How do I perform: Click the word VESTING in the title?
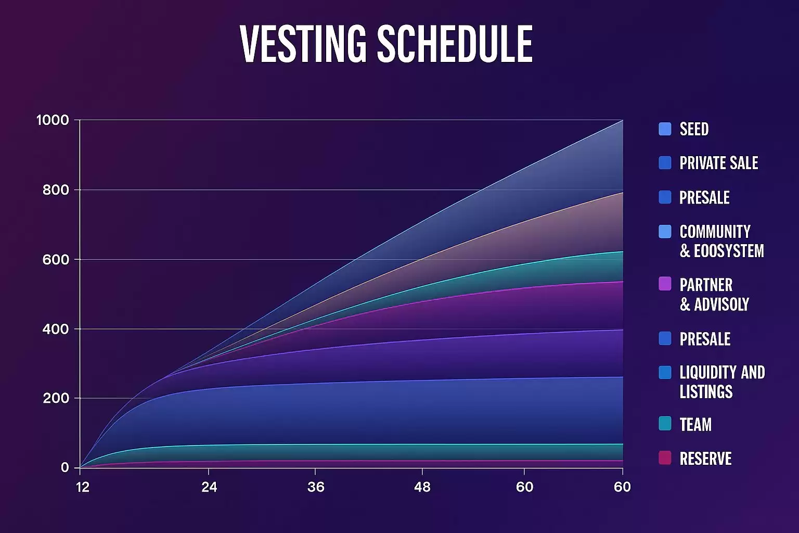click(303, 44)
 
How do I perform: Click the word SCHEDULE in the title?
click(454, 44)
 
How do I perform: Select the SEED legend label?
click(694, 129)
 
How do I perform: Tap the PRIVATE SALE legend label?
click(718, 163)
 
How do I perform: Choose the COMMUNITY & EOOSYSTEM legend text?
click(721, 241)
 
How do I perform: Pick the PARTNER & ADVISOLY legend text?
click(714, 295)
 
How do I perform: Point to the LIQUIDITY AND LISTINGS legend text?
click(722, 382)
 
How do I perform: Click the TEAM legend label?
click(695, 424)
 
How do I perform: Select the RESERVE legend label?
click(705, 459)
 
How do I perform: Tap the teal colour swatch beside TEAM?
click(665, 423)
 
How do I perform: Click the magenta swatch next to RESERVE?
click(665, 458)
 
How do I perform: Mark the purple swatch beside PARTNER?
click(665, 284)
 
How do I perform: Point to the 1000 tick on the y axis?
click(53, 120)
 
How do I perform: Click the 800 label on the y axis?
click(56, 190)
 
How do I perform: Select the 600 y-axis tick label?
click(56, 259)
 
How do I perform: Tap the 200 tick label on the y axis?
click(56, 398)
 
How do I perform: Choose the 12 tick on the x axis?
click(83, 487)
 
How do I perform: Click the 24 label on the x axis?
click(209, 487)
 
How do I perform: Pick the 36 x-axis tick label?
click(316, 487)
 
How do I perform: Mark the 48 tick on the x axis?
click(422, 487)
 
